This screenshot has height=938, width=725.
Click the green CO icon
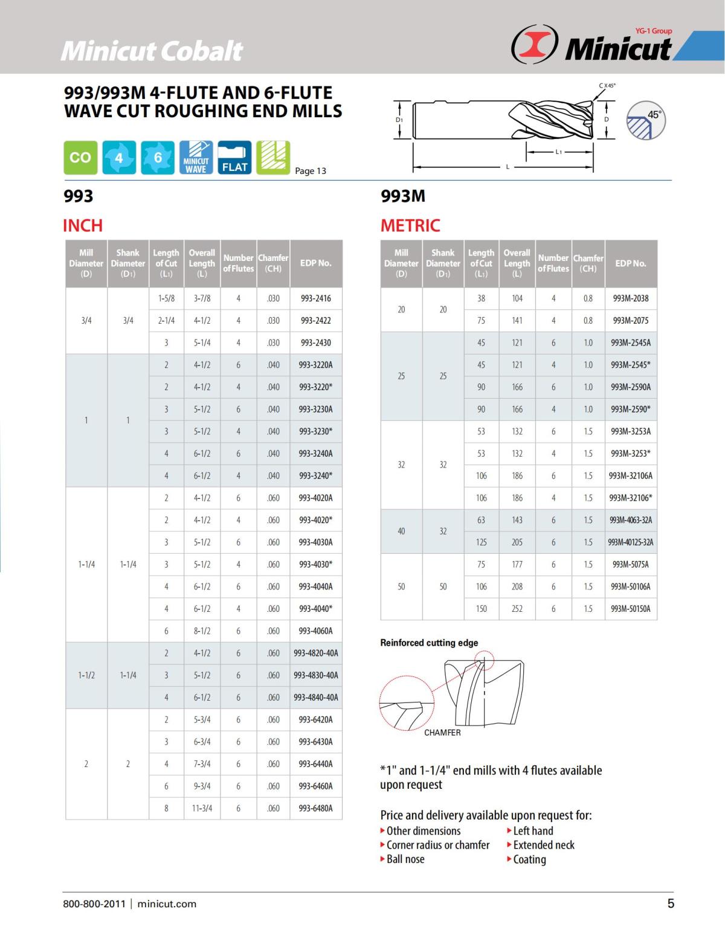click(x=80, y=158)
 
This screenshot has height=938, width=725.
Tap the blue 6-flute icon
click(x=158, y=158)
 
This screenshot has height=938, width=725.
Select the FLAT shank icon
click(x=234, y=158)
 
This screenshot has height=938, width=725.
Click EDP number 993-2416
click(x=316, y=298)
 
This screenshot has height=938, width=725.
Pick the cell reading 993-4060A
click(x=316, y=631)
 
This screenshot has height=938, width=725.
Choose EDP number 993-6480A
click(x=316, y=808)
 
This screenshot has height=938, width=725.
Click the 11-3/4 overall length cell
click(x=202, y=808)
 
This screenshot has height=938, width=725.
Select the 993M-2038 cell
click(x=631, y=298)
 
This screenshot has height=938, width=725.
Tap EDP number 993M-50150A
click(x=631, y=609)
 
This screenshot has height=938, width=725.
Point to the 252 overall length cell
click(x=517, y=609)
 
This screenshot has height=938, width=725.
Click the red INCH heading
click(x=83, y=226)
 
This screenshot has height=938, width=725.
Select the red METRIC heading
click(x=410, y=226)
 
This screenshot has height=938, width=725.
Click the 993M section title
click(x=403, y=196)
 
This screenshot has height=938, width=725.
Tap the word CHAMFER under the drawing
click(x=442, y=733)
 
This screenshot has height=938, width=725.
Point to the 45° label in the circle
click(x=654, y=115)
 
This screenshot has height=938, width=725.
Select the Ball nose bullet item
click(x=405, y=859)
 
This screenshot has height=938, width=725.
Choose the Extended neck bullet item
click(x=543, y=845)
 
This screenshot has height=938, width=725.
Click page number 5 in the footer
click(x=671, y=904)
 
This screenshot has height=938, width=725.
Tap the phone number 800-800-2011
click(x=94, y=904)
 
